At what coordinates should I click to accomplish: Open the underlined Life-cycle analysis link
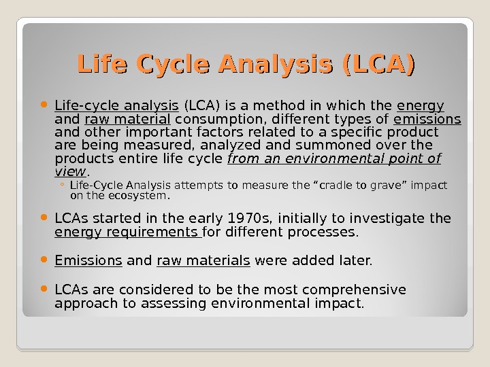(x=116, y=106)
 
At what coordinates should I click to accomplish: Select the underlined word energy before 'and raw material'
(x=420, y=106)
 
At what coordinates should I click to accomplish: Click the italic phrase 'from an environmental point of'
(x=333, y=159)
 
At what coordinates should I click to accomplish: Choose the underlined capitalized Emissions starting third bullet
(x=88, y=260)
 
